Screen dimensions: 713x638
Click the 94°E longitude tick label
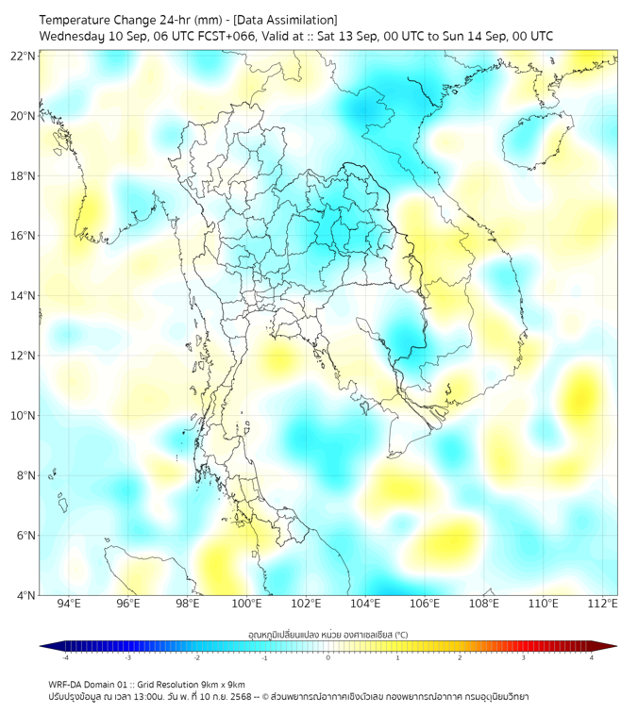point(69,604)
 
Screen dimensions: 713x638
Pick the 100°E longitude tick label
point(246,604)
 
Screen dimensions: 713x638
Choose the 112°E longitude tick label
point(602,604)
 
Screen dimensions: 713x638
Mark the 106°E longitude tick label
point(425,604)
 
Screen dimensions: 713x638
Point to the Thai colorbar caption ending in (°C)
point(327,634)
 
